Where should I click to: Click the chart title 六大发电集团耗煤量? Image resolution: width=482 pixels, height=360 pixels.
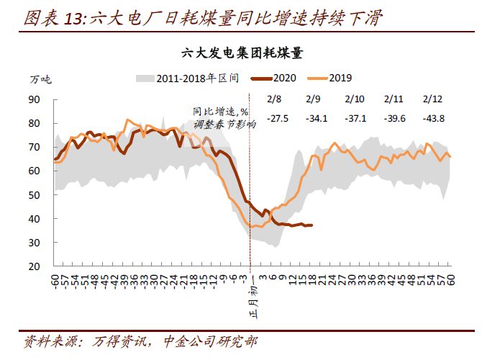pyautogui.click(x=241, y=53)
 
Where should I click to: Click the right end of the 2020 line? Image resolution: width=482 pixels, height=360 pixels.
pyautogui.click(x=312, y=225)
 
